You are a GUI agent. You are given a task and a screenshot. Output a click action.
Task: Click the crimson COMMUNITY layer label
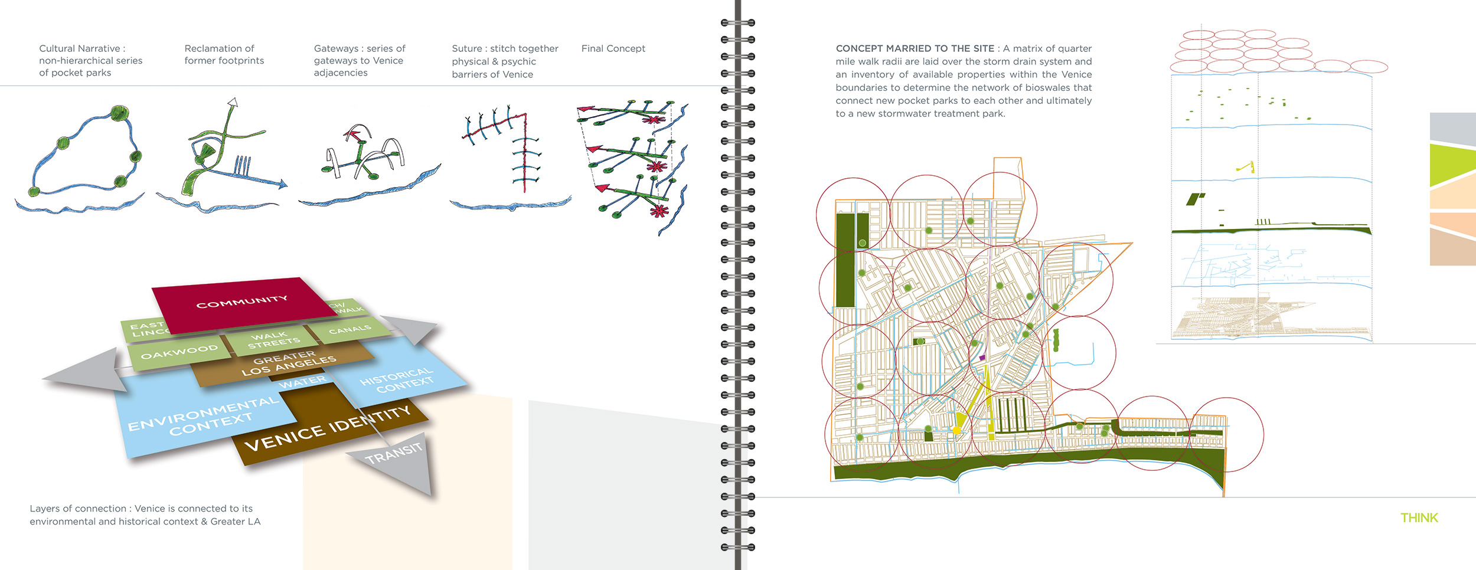tap(241, 302)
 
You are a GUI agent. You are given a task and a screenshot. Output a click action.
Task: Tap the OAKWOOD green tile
tap(179, 352)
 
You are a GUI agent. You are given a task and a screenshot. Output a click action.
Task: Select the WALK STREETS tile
tap(273, 339)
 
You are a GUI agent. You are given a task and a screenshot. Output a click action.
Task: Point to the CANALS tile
tap(350, 329)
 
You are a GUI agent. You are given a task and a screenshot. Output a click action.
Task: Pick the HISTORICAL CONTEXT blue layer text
tap(397, 380)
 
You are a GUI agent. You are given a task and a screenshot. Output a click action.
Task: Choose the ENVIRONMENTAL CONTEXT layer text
tap(204, 417)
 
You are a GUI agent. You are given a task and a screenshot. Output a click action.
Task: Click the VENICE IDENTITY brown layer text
tap(327, 429)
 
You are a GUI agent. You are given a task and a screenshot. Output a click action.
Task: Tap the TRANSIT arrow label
tap(394, 453)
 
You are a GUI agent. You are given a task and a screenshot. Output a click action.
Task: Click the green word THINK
tap(1419, 518)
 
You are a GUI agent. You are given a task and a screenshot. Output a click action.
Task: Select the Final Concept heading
tap(613, 48)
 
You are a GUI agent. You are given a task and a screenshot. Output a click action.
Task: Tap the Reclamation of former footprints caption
tap(224, 54)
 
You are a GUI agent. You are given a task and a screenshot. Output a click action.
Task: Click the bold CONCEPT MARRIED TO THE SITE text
tap(915, 48)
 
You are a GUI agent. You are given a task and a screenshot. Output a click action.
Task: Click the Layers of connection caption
tap(145, 515)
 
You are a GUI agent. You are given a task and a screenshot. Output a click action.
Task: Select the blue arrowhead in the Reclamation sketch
tap(282, 184)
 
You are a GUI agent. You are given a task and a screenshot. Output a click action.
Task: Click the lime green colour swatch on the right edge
tap(1452, 165)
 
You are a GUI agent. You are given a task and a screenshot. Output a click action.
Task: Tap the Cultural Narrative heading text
tap(82, 48)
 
